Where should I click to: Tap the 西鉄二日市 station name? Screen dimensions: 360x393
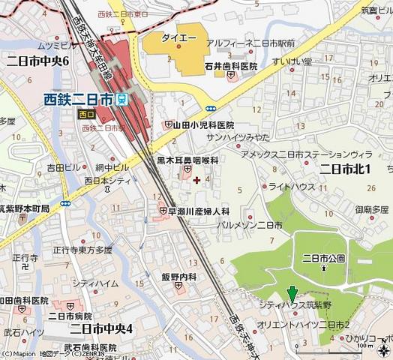click(79, 97)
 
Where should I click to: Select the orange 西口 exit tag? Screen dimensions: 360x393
click(86, 114)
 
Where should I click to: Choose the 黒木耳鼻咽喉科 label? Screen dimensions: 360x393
click(187, 160)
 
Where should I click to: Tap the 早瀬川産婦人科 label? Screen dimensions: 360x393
click(199, 211)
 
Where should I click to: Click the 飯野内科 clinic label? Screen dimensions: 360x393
click(178, 277)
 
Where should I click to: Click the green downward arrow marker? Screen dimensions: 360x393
click(292, 295)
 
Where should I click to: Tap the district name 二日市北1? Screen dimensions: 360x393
click(346, 169)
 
